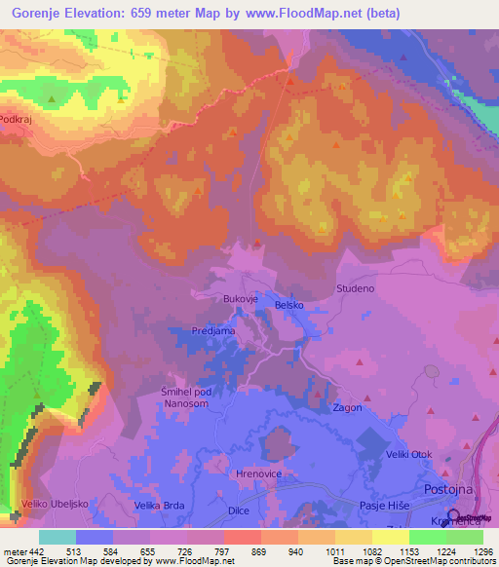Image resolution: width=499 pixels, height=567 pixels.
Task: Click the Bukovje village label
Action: pos(239,299)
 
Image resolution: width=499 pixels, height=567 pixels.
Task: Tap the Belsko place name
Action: pos(289,305)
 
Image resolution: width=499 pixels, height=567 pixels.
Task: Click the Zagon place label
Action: pos(348,407)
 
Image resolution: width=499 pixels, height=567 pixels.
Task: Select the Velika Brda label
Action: pos(160,506)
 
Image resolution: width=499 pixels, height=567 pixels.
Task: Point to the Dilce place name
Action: pos(239,510)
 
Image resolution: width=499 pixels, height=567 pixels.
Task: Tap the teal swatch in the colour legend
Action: pos(58,537)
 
